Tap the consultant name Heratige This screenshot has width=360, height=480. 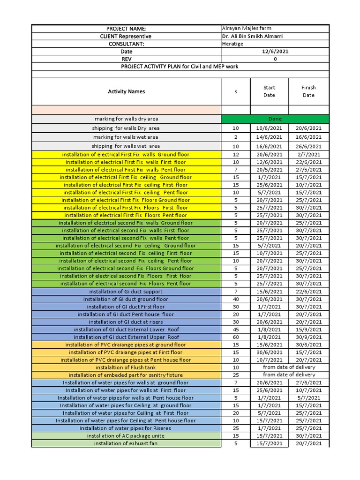point(232,44)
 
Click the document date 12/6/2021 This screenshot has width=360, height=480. point(275,52)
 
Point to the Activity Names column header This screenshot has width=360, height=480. point(126,91)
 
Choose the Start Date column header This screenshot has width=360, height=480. point(269,91)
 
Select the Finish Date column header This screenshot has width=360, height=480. point(308,91)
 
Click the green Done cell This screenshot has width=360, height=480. point(275,119)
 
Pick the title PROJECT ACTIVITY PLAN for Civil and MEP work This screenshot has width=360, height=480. point(180,67)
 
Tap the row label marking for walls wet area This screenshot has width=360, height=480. point(126,137)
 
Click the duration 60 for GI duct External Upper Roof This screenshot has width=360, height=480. point(236,337)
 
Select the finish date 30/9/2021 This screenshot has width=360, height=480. point(308,337)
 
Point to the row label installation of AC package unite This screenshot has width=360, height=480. point(126,436)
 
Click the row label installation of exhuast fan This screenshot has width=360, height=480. point(126,443)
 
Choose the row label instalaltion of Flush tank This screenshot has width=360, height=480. point(126,367)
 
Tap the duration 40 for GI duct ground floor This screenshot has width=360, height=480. point(236,299)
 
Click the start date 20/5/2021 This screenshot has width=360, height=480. point(269,170)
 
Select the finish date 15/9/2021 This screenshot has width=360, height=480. point(308,330)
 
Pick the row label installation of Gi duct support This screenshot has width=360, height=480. point(126,292)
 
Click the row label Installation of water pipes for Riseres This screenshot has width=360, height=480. point(126,428)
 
